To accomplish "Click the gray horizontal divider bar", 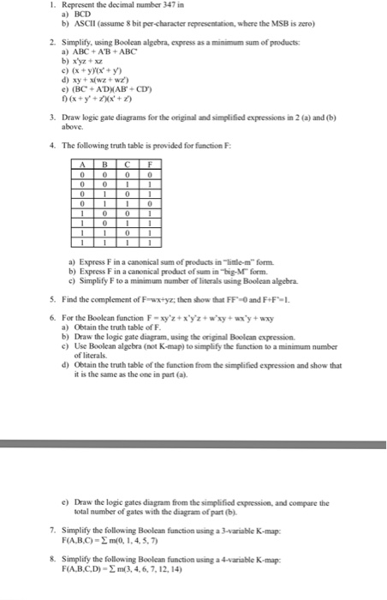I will click(x=193, y=444).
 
